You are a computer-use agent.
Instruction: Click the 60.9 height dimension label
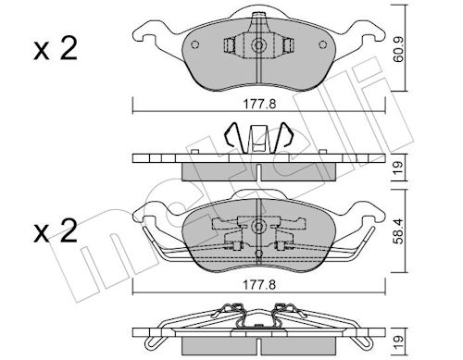[399, 49]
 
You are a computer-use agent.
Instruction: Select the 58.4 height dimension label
[399, 231]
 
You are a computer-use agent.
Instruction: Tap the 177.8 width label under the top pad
[259, 104]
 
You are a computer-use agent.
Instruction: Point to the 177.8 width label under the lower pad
[259, 285]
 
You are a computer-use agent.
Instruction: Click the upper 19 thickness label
[398, 168]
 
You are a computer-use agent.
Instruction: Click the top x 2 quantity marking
[56, 49]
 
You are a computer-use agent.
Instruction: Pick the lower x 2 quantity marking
[56, 231]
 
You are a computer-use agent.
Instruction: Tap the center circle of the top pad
[258, 45]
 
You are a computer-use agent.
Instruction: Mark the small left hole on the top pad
[195, 44]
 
